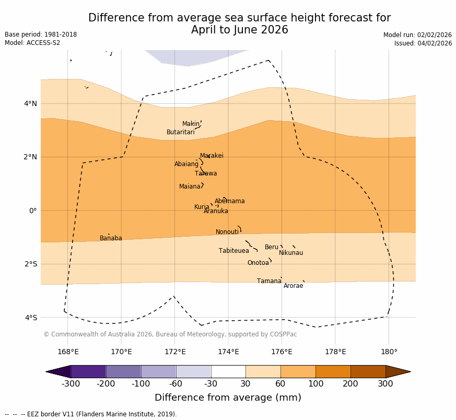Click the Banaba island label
111,238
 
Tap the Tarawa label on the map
206,173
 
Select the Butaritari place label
181,132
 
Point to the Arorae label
293,286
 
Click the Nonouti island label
227,232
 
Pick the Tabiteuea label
234,251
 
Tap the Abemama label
229,201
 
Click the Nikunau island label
291,253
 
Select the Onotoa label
258,263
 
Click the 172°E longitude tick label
175,352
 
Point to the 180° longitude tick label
389,352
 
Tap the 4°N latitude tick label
31,103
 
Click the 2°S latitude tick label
31,264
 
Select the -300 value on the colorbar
71,384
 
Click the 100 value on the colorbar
315,384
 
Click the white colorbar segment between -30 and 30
228,371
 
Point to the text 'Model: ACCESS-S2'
32,43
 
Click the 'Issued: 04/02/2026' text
423,43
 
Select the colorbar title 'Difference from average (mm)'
228,398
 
